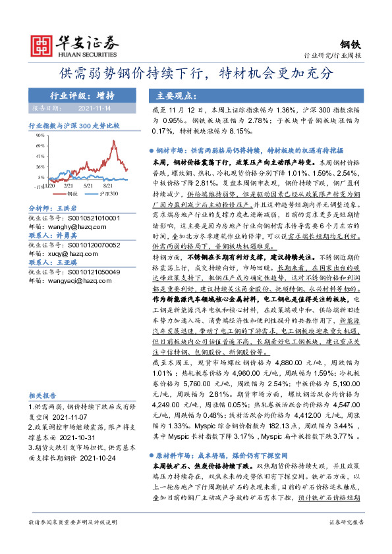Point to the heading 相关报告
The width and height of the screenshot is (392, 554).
(45, 395)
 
